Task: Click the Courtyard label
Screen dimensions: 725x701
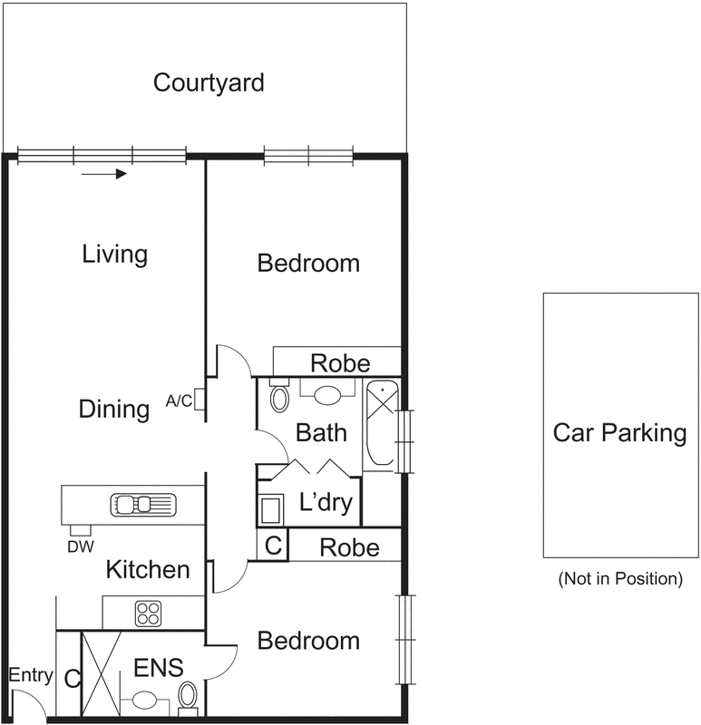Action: [x=209, y=83]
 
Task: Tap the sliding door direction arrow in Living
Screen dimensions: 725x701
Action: [x=104, y=173]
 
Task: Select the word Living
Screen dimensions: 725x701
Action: [x=114, y=254]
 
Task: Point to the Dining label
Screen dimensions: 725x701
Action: [x=114, y=409]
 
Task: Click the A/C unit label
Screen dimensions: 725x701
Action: [x=180, y=401]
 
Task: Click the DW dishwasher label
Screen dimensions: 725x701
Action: [x=80, y=546]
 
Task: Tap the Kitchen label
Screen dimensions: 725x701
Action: [x=148, y=570]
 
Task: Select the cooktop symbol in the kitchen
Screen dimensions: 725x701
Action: [x=148, y=613]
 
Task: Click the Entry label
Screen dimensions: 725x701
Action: [x=31, y=675]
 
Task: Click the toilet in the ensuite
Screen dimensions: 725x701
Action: [x=188, y=697]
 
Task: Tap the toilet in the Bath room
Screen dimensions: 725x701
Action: [x=279, y=397]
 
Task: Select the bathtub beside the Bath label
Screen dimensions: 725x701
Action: [x=382, y=425]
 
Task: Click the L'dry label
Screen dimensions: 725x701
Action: [x=325, y=503]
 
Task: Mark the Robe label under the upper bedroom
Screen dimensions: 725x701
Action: [x=340, y=364]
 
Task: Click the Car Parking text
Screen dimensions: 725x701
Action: [x=620, y=432]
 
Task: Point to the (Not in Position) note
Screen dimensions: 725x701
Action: [x=620, y=578]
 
